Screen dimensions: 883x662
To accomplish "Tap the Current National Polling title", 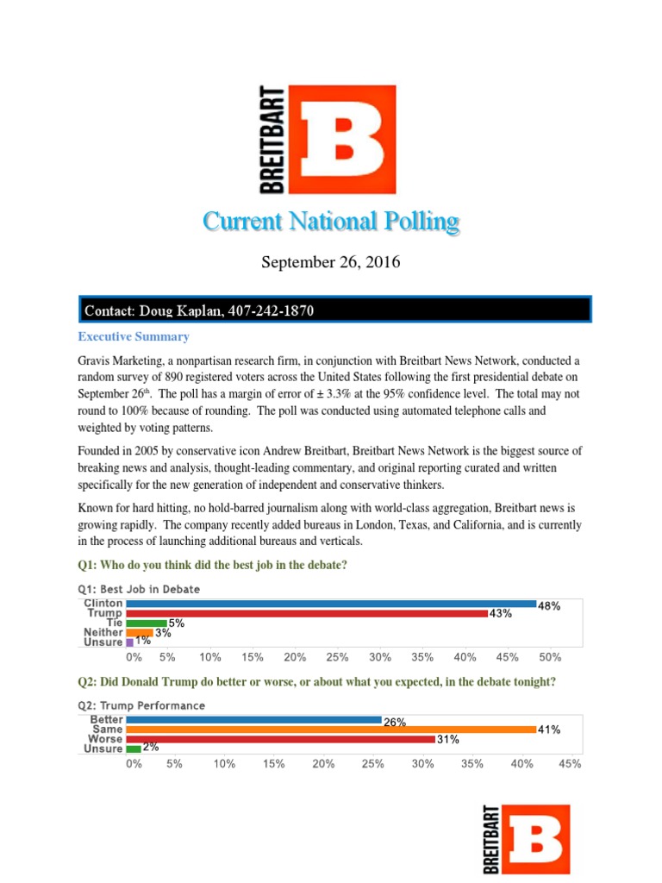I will point(331,222).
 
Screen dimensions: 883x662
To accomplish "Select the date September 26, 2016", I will point(331,262).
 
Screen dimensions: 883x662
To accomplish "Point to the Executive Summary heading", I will point(134,336).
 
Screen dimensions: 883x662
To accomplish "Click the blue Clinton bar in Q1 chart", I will point(331,604).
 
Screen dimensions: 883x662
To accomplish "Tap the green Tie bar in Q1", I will point(147,623).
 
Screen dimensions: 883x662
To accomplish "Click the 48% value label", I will point(549,606).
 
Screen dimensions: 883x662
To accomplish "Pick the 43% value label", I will point(501,614).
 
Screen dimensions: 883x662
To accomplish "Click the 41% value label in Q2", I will point(549,730).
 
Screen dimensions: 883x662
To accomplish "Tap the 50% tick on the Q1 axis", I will point(550,657).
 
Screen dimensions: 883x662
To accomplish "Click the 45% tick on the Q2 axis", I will point(570,763).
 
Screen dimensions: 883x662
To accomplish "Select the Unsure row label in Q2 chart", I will point(103,748).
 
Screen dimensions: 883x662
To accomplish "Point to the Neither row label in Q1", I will point(103,632).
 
